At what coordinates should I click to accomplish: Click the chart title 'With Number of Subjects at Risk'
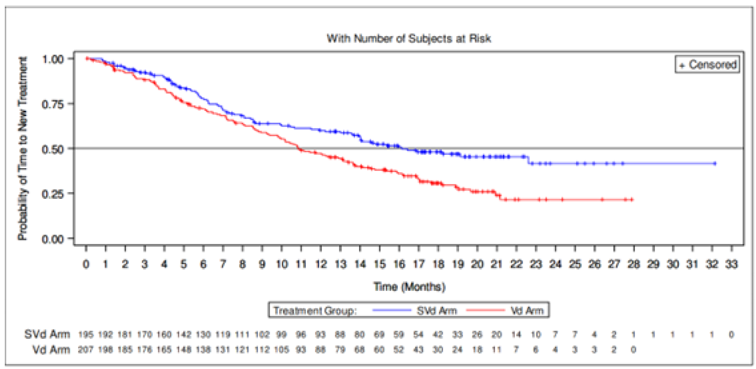click(409, 38)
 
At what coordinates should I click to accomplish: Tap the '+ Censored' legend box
click(708, 65)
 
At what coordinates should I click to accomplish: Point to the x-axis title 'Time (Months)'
click(409, 286)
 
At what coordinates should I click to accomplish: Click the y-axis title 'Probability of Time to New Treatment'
click(22, 148)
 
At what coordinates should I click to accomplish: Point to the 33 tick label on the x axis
click(731, 265)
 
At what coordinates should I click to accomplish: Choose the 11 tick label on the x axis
click(301, 265)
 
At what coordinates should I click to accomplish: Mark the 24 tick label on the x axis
click(555, 265)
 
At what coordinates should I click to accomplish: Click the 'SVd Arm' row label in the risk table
click(47, 334)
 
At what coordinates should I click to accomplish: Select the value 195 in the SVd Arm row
click(86, 334)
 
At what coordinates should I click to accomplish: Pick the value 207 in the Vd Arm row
click(86, 350)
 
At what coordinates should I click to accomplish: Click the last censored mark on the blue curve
click(714, 163)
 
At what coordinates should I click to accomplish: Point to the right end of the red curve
click(632, 200)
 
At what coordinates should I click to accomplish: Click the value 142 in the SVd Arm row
click(184, 334)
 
